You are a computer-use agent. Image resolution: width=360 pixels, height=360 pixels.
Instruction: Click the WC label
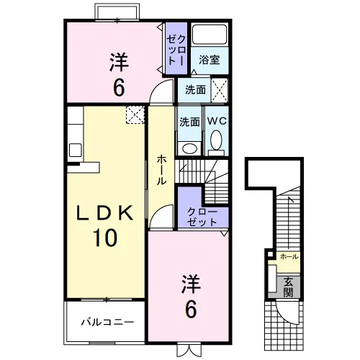pyautogui.click(x=217, y=121)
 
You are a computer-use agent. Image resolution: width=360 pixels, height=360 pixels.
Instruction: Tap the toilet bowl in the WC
pyautogui.click(x=216, y=140)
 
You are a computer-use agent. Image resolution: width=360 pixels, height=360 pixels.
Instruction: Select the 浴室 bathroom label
pyautogui.click(x=210, y=60)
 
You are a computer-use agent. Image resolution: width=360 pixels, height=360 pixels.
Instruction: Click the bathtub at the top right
pyautogui.click(x=210, y=35)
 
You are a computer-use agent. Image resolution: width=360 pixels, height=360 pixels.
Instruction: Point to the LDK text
pyautogui.click(x=104, y=213)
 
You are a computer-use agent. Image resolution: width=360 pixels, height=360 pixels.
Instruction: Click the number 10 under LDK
pyautogui.click(x=105, y=238)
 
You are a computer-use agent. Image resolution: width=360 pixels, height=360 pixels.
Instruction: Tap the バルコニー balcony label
pyautogui.click(x=107, y=322)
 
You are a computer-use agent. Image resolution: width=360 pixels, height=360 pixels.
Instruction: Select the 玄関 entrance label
pyautogui.click(x=288, y=287)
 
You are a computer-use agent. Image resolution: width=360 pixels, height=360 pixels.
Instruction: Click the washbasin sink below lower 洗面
pyautogui.click(x=189, y=148)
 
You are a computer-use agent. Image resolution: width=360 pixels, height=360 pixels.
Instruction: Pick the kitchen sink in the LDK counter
pyautogui.click(x=76, y=150)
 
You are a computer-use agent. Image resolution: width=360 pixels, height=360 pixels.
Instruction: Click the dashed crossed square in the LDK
pyautogui.click(x=135, y=114)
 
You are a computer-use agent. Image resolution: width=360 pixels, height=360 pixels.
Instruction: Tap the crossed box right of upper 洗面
pyautogui.click(x=219, y=90)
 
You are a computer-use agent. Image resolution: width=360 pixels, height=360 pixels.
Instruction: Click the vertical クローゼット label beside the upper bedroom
pyautogui.click(x=176, y=50)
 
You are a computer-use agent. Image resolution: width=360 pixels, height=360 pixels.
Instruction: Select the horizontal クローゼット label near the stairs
pyautogui.click(x=202, y=217)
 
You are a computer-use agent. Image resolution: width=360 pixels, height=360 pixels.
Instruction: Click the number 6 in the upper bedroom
pyautogui.click(x=119, y=87)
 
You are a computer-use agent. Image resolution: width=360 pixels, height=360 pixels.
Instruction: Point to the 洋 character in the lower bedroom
pyautogui.click(x=191, y=284)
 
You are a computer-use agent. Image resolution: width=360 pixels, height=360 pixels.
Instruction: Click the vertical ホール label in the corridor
pyautogui.click(x=161, y=170)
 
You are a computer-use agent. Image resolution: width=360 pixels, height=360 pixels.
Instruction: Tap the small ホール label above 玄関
pyautogui.click(x=289, y=256)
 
